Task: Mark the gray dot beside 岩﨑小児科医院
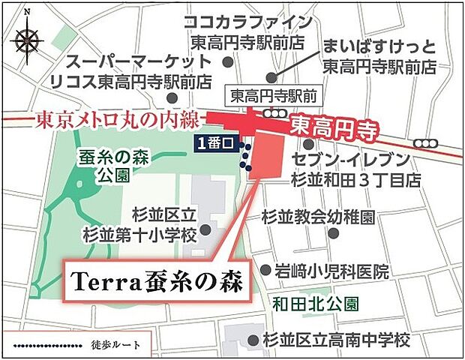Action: pos(265,269)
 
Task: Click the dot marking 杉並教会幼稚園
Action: pos(332,233)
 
